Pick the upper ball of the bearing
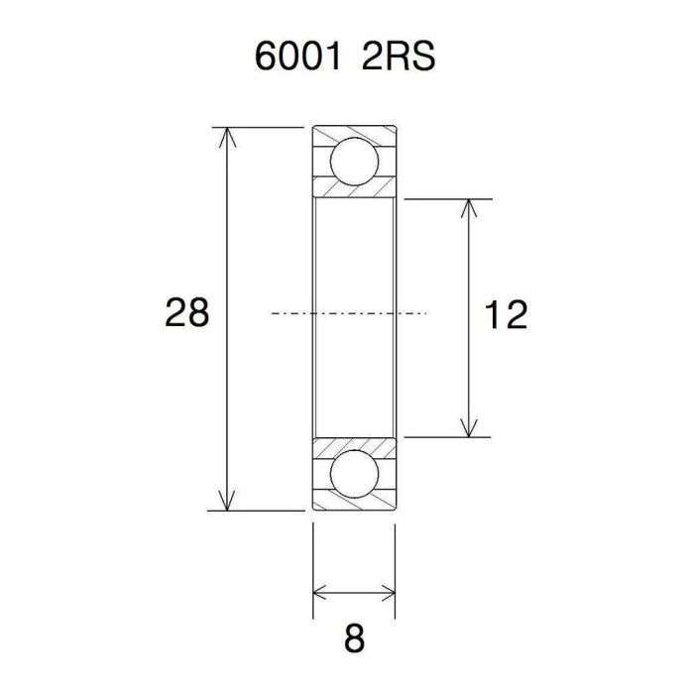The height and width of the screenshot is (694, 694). [354, 162]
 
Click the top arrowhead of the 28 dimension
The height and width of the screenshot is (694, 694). [230, 134]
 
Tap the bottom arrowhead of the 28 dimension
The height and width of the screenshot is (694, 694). [230, 503]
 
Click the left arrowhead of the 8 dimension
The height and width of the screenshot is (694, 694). [318, 594]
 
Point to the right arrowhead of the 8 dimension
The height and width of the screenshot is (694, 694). [390, 594]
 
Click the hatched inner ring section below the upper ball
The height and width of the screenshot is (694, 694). [354, 192]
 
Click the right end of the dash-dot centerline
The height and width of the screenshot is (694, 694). [424, 314]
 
